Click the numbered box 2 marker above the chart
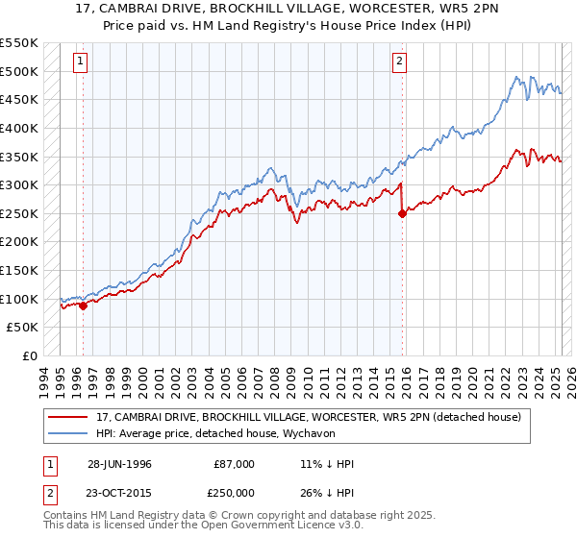pos(399,61)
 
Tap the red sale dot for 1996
pos(84,306)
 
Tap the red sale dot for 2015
pos(402,214)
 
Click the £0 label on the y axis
pos(30,355)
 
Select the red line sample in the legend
pos(69,417)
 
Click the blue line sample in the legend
pos(69,433)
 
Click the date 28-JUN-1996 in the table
pos(119,464)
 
